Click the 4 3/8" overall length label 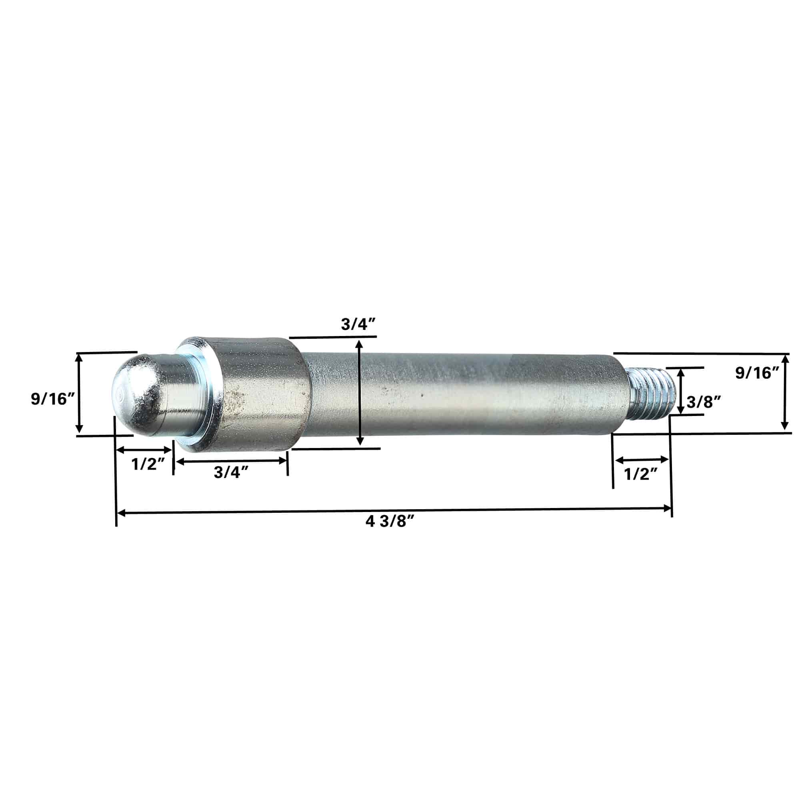[x=390, y=522]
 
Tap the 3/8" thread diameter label [x=704, y=402]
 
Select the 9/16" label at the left [x=52, y=399]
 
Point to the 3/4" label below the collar [x=231, y=472]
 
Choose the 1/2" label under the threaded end [x=640, y=474]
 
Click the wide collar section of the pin [x=257, y=394]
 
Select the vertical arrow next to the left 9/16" [x=79, y=393]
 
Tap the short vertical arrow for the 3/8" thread [x=680, y=391]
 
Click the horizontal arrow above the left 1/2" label [x=144, y=450]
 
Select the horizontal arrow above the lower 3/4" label [x=231, y=460]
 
